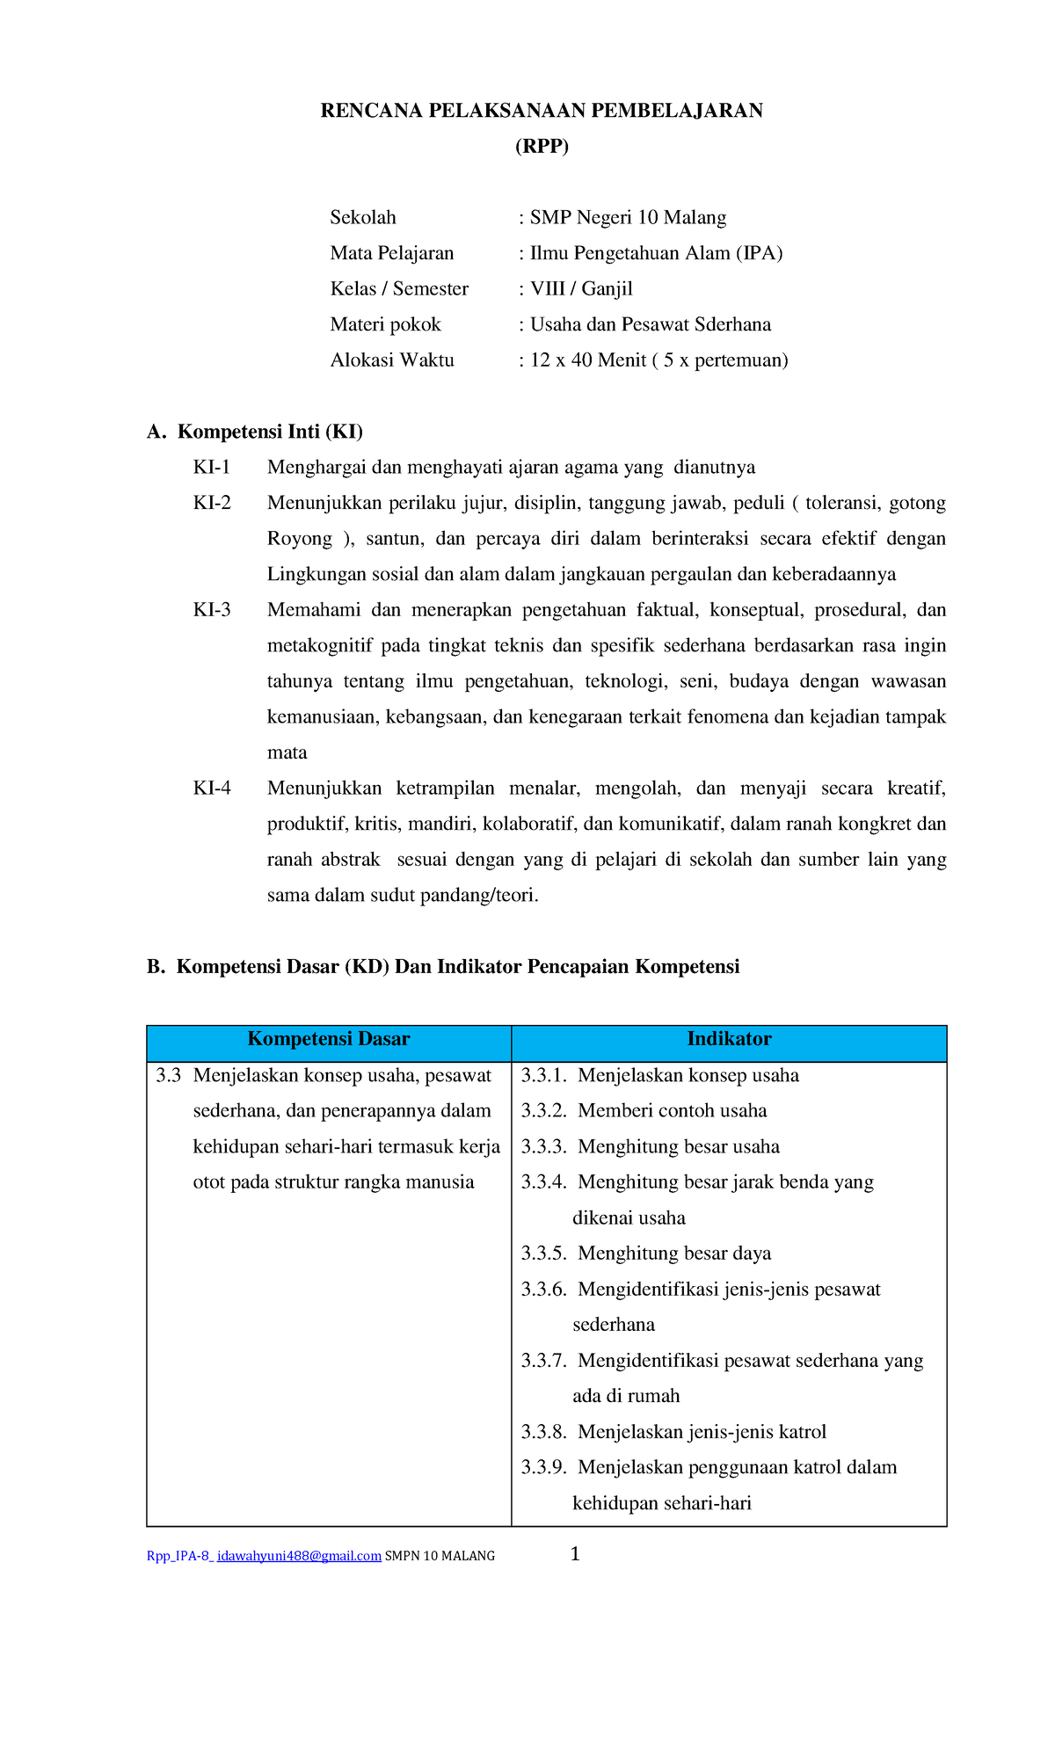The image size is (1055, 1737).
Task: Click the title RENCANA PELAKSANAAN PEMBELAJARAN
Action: click(542, 111)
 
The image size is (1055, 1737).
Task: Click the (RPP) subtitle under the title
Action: click(542, 147)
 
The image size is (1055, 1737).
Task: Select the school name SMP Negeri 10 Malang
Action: click(628, 218)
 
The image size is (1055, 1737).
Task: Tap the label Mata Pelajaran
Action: click(392, 254)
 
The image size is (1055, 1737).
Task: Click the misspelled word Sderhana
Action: click(732, 325)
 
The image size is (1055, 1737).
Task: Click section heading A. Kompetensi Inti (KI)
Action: click(255, 432)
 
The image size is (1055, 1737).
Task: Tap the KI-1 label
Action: click(212, 468)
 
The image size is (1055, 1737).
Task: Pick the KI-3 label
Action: click(212, 610)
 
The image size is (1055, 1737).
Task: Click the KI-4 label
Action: click(212, 789)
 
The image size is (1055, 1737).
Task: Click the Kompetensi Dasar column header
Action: click(329, 1039)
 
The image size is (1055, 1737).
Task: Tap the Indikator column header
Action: click(729, 1039)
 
